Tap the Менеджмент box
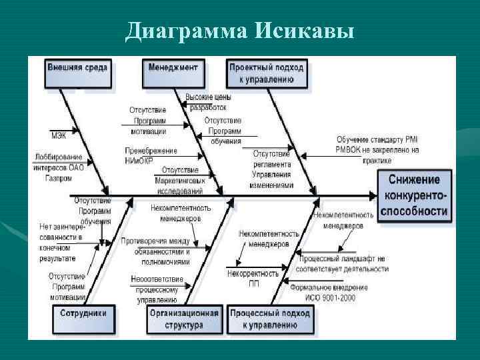coord(173,67)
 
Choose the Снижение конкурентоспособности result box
coord(414,195)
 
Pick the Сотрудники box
coord(83,313)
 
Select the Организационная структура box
coord(185,319)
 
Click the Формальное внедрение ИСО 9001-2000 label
coord(329,292)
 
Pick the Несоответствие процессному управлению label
coord(156,289)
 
